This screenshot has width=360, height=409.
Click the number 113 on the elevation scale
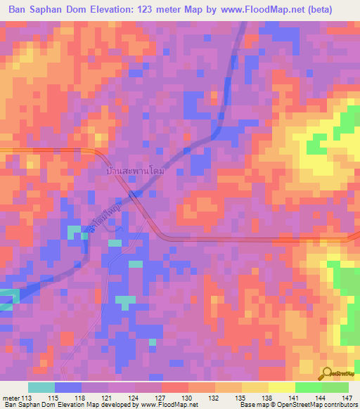click(x=27, y=398)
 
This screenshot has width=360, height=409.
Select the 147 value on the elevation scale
click(x=348, y=398)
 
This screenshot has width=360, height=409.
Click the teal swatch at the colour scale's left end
click(x=41, y=387)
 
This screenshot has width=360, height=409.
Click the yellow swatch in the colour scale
click(x=281, y=387)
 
